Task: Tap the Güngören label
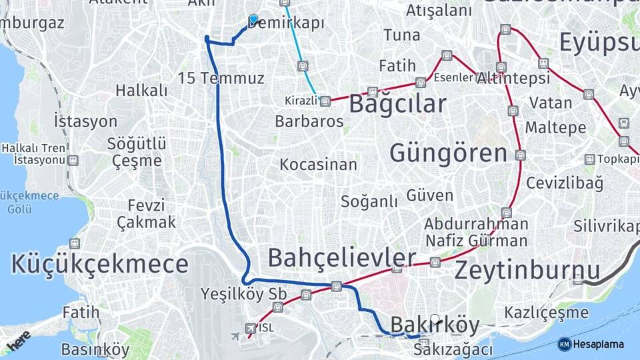[448, 153]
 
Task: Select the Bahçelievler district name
[341, 257]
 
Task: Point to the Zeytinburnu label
[527, 271]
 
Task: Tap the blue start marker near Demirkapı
[253, 19]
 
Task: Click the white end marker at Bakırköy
[435, 319]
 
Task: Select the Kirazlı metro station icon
[325, 101]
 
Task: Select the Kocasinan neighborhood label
[318, 164]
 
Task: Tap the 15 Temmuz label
[221, 78]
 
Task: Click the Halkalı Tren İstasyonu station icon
[73, 161]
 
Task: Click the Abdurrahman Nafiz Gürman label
[476, 232]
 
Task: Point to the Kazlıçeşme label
[546, 312]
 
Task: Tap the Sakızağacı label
[453, 349]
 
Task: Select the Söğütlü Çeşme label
[137, 152]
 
